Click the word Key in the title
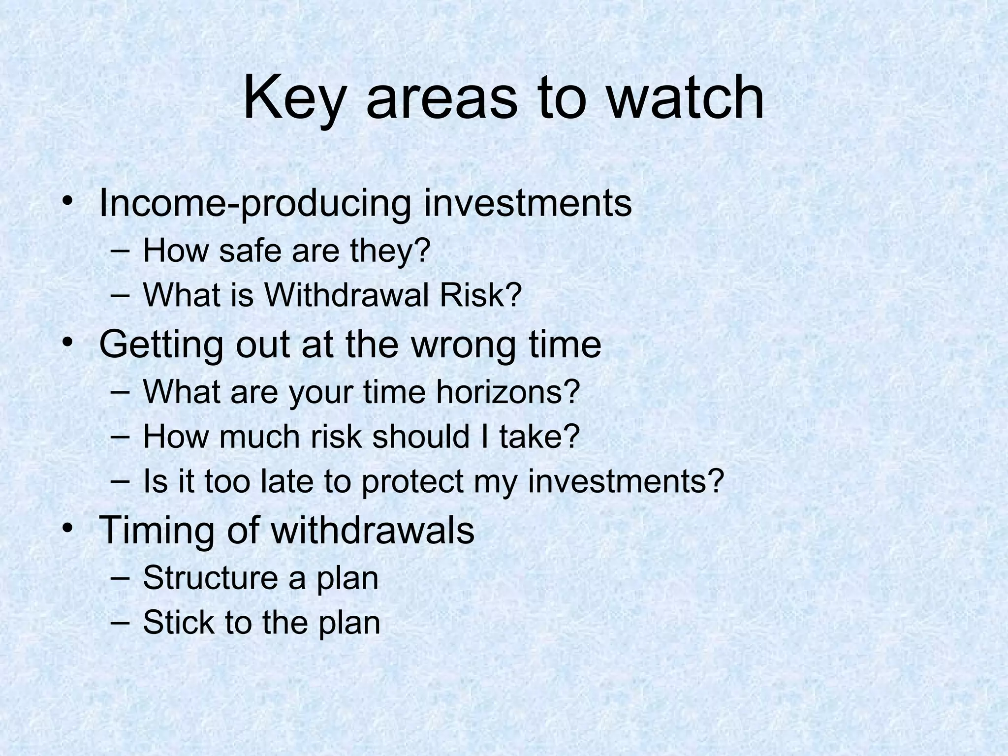coord(292,98)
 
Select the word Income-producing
coord(255,204)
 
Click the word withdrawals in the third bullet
coord(373,530)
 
